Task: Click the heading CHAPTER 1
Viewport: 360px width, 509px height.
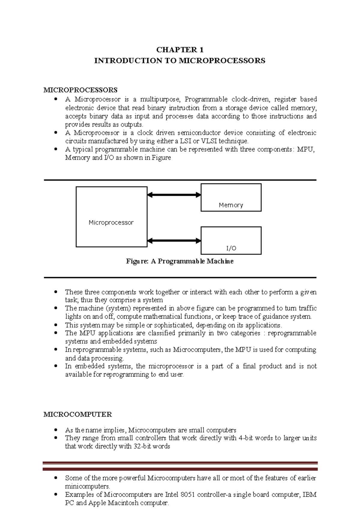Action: tap(180, 50)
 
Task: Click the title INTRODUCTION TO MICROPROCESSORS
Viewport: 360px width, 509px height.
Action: tap(180, 61)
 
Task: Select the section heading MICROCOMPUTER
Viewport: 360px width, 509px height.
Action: tap(77, 414)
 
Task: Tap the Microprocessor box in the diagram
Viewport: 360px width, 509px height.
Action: tap(111, 217)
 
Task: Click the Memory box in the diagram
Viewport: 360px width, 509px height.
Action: tap(231, 197)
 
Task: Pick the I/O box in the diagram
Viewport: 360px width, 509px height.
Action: tap(231, 240)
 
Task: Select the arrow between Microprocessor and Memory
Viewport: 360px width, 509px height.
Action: tap(174, 195)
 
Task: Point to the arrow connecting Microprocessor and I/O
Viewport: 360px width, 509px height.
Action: tap(174, 241)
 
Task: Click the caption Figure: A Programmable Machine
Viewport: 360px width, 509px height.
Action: tap(180, 261)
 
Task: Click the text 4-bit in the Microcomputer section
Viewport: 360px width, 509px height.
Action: tap(246, 438)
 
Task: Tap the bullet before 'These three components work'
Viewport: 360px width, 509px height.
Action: tap(55, 292)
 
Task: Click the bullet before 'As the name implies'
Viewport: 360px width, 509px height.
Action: tap(55, 430)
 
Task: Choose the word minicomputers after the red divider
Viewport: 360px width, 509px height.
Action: tap(87, 486)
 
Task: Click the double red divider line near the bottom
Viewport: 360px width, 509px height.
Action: tap(180, 466)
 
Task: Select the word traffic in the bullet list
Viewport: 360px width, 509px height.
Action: tap(307, 308)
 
